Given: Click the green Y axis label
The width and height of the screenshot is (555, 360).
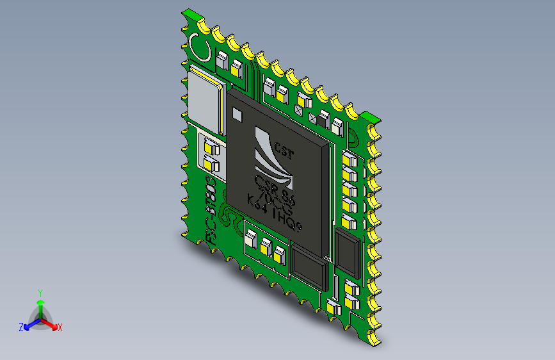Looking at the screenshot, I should point(40,291).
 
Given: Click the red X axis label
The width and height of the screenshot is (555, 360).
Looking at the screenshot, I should point(60,327).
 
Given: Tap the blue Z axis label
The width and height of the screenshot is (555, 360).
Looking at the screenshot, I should point(21,327).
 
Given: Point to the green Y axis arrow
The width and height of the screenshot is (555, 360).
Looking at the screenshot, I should point(40,305).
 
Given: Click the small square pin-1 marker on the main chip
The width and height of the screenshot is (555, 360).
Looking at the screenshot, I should point(237,115).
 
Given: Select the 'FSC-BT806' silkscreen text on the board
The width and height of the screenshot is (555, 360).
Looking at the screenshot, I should point(212,215).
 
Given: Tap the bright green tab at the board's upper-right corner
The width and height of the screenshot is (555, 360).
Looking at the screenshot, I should point(369,117).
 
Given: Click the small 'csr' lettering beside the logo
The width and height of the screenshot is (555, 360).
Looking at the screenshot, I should point(284,151).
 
